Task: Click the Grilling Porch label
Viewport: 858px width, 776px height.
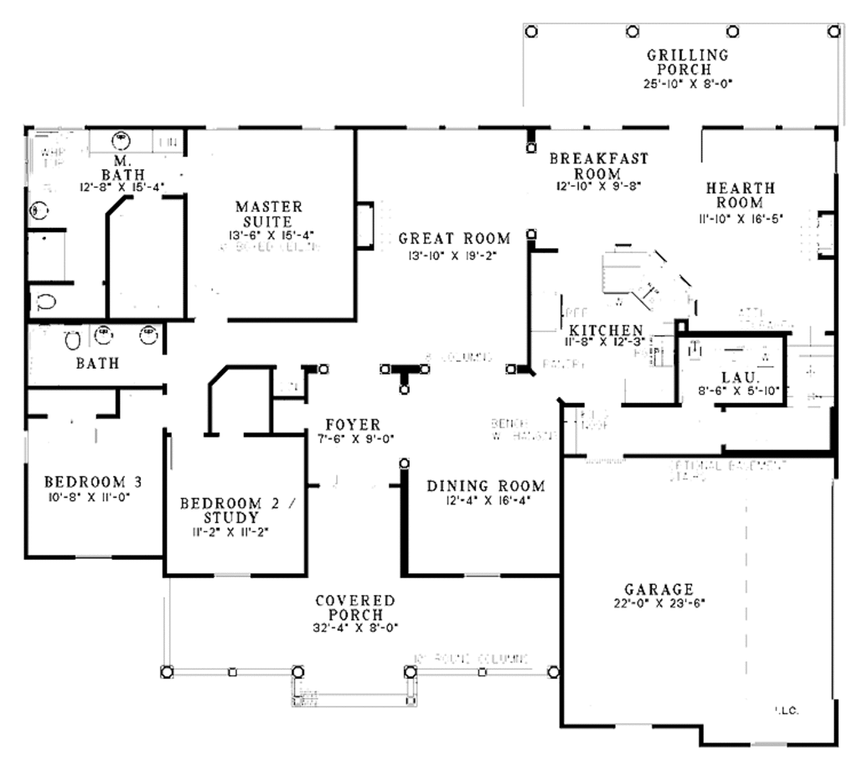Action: pyautogui.click(x=687, y=63)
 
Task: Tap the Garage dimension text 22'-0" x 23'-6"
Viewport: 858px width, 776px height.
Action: pyautogui.click(x=658, y=603)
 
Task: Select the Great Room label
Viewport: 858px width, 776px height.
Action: pyautogui.click(x=454, y=239)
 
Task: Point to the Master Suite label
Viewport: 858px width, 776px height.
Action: pyautogui.click(x=269, y=214)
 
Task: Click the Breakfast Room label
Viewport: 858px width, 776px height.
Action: pyautogui.click(x=598, y=166)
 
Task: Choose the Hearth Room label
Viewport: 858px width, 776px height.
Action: pyautogui.click(x=740, y=195)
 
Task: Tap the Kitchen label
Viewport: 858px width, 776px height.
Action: pyautogui.click(x=606, y=331)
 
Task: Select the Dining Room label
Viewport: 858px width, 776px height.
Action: pyautogui.click(x=486, y=486)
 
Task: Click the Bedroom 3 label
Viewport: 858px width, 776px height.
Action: pyautogui.click(x=93, y=482)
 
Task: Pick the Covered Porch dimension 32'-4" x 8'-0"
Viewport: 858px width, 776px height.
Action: pyautogui.click(x=355, y=627)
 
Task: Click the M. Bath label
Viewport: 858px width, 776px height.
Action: pyautogui.click(x=122, y=168)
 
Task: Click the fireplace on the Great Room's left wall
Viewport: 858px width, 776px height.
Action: pyautogui.click(x=364, y=225)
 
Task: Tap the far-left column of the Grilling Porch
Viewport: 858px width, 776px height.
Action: pyautogui.click(x=531, y=31)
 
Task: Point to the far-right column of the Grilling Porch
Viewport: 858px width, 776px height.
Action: pyautogui.click(x=833, y=31)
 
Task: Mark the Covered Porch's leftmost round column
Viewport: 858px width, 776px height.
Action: pyautogui.click(x=167, y=671)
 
